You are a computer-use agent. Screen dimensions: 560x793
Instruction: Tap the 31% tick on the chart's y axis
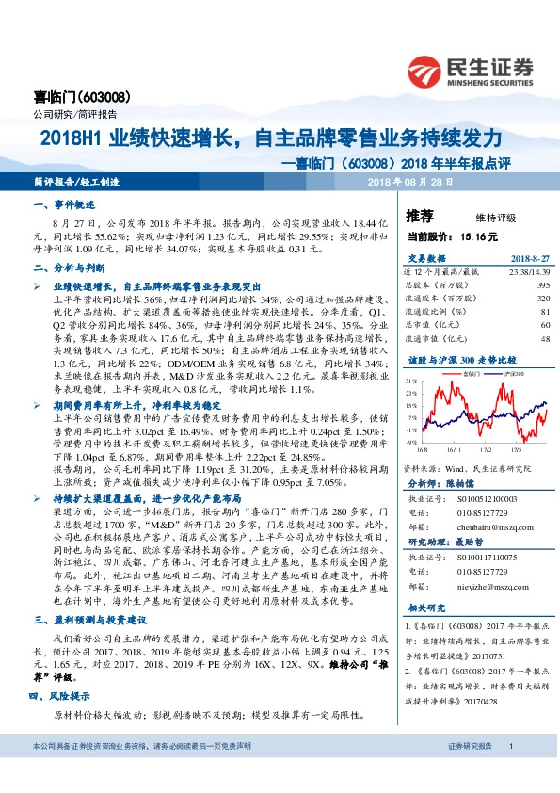tap(411, 381)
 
